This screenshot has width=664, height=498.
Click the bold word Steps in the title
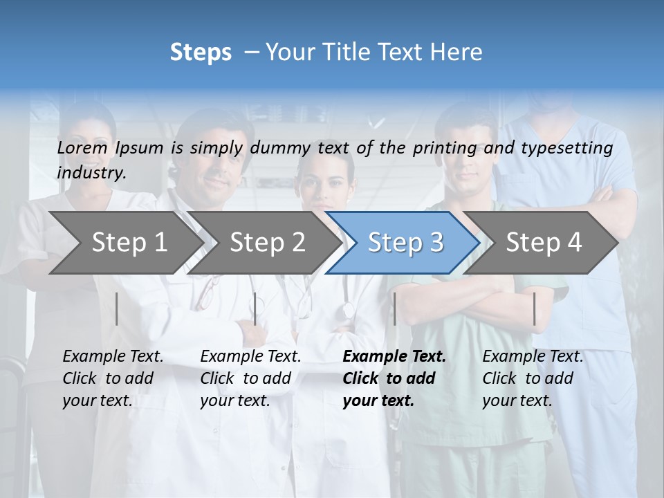click(x=201, y=53)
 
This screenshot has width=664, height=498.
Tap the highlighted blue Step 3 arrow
click(x=405, y=243)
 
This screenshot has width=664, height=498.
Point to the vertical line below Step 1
click(x=117, y=308)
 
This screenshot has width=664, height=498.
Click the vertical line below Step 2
click(x=255, y=308)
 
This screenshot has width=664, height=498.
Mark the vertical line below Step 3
click(x=394, y=308)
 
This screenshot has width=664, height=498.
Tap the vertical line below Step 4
click(x=534, y=308)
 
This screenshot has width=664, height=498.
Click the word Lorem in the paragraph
click(x=82, y=148)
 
